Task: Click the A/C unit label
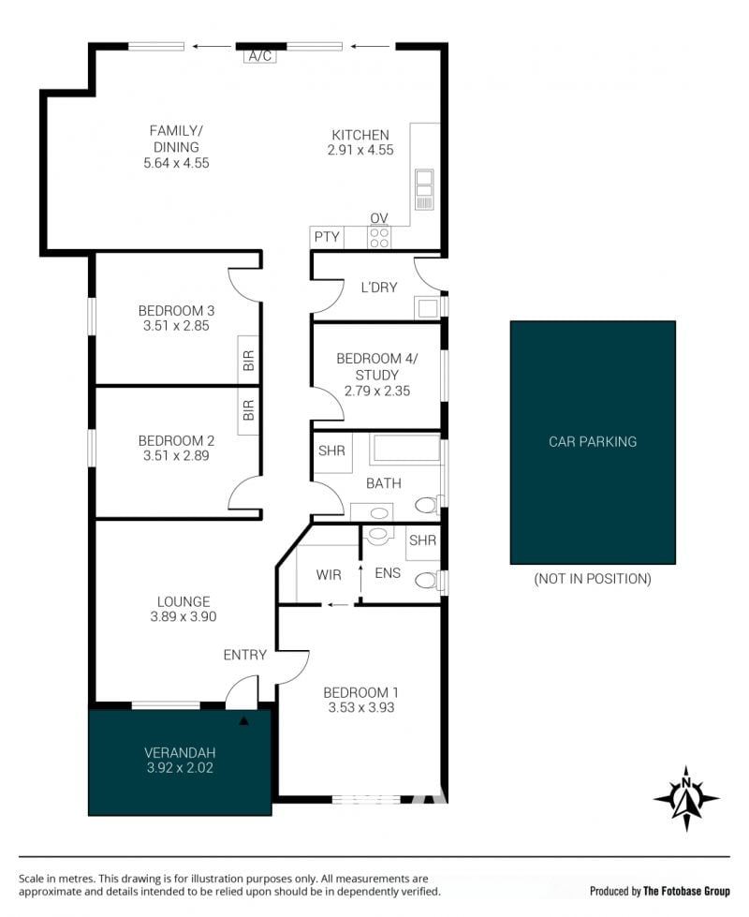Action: tap(260, 56)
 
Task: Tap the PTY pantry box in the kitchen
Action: tap(327, 237)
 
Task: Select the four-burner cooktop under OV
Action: tap(379, 237)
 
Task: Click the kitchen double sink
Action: tap(424, 189)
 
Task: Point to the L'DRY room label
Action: tap(379, 288)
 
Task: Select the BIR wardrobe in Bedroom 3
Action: tap(248, 361)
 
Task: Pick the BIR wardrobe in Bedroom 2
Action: tap(248, 410)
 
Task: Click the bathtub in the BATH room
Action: tap(404, 449)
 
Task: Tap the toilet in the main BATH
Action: tap(428, 504)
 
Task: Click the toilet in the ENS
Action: tap(428, 580)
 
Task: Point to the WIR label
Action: tap(329, 575)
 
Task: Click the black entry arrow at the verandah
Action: tap(243, 721)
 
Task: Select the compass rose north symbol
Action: tap(686, 798)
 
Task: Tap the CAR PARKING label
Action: tap(593, 441)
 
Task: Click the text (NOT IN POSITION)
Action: tap(593, 579)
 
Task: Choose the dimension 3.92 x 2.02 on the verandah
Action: tap(180, 768)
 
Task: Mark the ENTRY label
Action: tap(245, 655)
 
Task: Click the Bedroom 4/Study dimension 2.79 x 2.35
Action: tap(377, 391)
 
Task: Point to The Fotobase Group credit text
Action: tap(686, 892)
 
